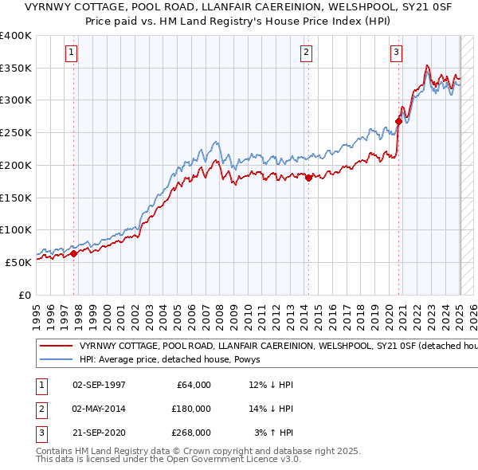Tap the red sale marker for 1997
tap(74, 253)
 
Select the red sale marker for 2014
tap(308, 178)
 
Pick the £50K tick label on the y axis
tap(18, 262)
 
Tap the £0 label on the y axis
tap(25, 295)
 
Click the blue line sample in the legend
tap(56, 361)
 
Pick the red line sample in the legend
tap(56, 347)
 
